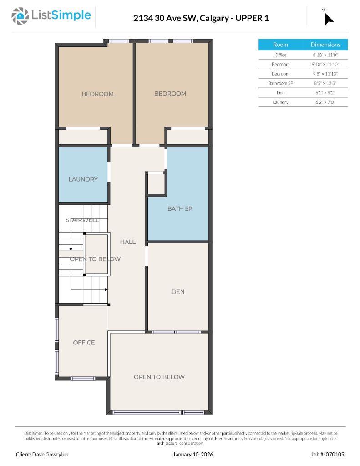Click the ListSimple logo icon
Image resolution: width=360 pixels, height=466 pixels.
(20, 16)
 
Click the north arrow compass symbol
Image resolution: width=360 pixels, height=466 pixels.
(328, 18)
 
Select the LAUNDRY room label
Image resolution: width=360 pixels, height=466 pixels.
(83, 179)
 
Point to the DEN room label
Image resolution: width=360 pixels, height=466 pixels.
(178, 292)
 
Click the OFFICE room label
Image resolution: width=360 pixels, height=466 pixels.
(84, 343)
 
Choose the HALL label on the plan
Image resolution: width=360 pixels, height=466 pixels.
(128, 242)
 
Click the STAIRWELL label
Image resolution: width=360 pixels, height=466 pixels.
(82, 220)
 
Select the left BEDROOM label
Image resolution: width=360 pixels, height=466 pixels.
(97, 94)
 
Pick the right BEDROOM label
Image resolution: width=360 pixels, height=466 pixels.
(170, 94)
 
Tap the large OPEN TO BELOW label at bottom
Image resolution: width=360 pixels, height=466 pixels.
(159, 377)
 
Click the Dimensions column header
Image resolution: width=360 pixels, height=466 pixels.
(325, 45)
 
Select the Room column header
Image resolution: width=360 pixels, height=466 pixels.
(280, 45)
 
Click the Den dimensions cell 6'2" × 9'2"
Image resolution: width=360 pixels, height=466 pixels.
(325, 93)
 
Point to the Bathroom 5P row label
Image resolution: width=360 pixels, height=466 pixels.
(280, 83)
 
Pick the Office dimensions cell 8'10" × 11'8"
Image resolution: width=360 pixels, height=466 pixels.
(325, 55)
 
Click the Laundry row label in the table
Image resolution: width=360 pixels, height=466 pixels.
(280, 102)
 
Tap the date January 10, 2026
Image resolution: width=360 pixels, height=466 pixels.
(193, 454)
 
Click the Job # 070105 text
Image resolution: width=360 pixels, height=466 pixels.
(328, 454)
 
